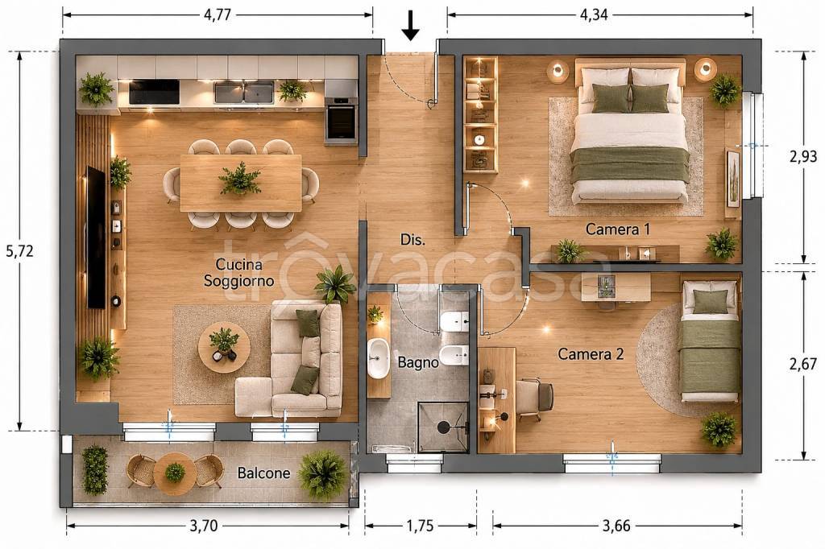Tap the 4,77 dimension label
(218, 14)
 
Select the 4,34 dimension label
(594, 14)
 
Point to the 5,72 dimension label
(19, 251)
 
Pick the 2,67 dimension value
(803, 363)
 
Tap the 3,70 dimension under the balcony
(204, 526)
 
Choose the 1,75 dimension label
(420, 526)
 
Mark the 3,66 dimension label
(616, 526)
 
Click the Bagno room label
(418, 362)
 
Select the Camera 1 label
(618, 229)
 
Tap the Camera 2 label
(591, 354)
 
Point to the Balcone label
(263, 473)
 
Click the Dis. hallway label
(412, 240)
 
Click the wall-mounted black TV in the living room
(96, 237)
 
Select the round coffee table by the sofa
(224, 347)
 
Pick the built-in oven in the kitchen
(341, 121)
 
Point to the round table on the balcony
(175, 472)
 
